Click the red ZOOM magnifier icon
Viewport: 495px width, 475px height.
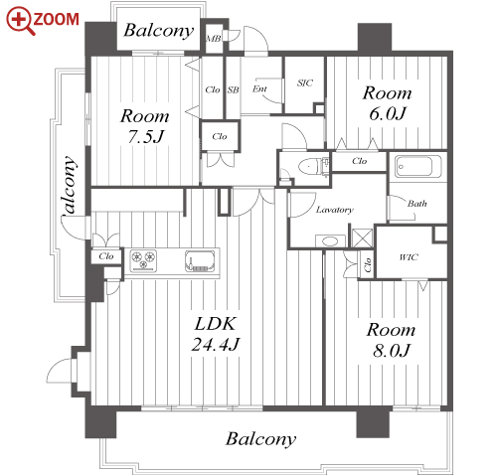(x=20, y=21)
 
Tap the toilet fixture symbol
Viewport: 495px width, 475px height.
(x=312, y=166)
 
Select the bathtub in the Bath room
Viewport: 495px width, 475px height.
(x=418, y=166)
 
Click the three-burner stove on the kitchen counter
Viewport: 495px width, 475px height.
(x=143, y=260)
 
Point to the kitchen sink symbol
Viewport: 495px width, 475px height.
(x=200, y=260)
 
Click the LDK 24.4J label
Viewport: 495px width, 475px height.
(x=216, y=334)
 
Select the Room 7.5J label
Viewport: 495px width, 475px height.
(x=145, y=126)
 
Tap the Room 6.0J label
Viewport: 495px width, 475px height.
(x=387, y=103)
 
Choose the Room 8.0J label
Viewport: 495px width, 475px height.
(x=391, y=340)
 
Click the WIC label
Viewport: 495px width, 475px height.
(x=409, y=257)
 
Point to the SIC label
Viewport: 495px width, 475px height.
(x=305, y=82)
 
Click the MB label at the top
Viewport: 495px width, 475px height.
(x=214, y=39)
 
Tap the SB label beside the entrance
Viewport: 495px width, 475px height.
(x=234, y=89)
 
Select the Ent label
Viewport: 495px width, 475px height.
(x=259, y=88)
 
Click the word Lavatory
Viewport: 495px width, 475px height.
(x=335, y=210)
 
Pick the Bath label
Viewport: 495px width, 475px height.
(x=417, y=204)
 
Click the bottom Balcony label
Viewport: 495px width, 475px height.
(x=260, y=439)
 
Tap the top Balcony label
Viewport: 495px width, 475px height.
(x=159, y=31)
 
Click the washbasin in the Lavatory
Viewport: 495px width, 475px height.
(x=330, y=240)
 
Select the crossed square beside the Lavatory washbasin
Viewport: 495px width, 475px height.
(x=362, y=237)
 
